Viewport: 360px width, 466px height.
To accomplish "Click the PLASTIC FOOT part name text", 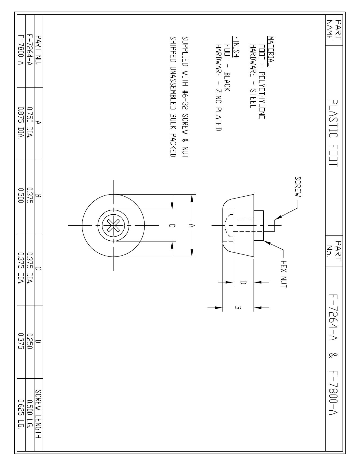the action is coord(333,133).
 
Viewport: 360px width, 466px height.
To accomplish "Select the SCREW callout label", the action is coord(298,187).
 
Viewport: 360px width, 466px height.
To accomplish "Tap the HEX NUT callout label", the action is coord(284,274).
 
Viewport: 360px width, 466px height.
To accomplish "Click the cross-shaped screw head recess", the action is coord(113,226).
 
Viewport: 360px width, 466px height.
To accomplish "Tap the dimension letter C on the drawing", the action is coord(172,226).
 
